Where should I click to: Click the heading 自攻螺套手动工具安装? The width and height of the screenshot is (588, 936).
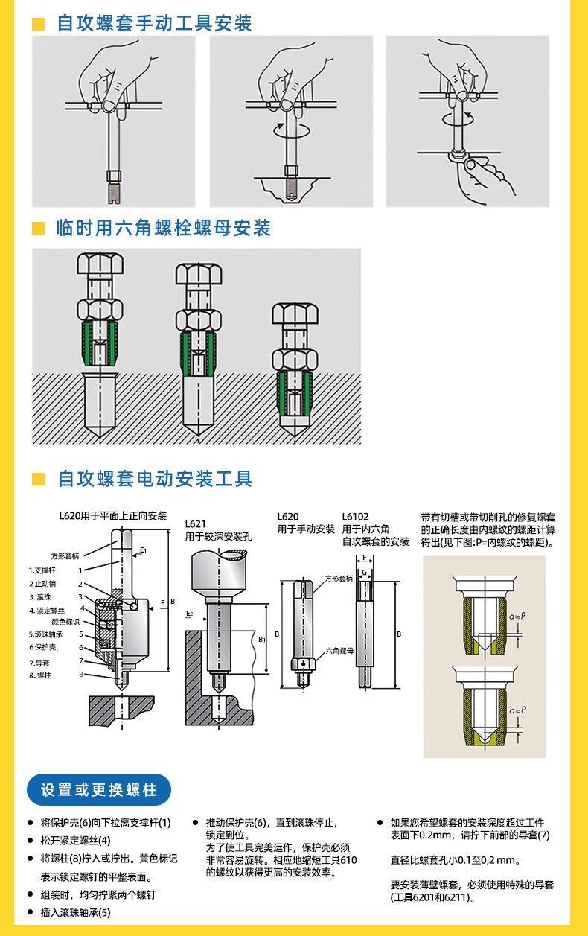point(154,23)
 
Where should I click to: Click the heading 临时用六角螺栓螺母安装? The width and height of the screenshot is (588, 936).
point(164,228)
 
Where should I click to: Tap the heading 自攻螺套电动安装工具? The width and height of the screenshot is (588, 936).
point(155,477)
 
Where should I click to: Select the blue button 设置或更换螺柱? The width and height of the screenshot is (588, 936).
point(99,789)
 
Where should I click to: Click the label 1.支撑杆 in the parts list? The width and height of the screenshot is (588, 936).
point(42,570)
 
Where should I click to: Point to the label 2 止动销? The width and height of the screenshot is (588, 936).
point(42,584)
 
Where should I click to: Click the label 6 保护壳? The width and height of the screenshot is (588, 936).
point(43,647)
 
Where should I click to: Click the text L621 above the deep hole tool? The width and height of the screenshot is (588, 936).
point(195,524)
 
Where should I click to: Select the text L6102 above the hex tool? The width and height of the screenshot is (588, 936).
point(356,516)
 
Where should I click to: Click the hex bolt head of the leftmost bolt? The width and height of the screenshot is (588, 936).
point(100,264)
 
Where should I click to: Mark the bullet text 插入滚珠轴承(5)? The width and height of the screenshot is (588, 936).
point(75,912)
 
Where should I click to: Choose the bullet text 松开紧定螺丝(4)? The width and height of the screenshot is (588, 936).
point(75,840)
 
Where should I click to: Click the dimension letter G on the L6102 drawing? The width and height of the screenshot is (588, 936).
point(364,573)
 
